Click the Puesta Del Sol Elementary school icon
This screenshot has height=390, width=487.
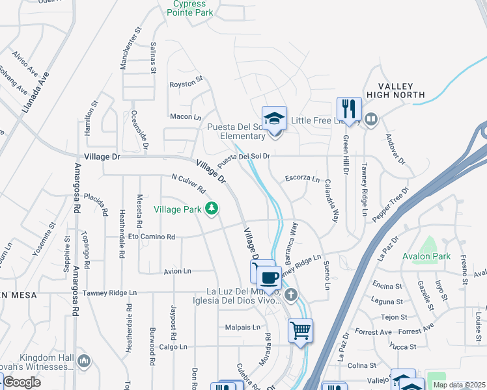tap(274, 118)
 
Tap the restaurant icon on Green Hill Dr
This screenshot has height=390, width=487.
tap(349, 109)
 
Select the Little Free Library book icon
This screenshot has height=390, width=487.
tap(371, 119)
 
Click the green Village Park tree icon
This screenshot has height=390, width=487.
tap(211, 209)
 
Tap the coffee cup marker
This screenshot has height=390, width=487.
tap(269, 278)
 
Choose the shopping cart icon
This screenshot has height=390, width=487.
tap(300, 330)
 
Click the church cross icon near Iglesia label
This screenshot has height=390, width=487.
tap(290, 295)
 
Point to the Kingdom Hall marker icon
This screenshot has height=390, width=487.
tap(83, 360)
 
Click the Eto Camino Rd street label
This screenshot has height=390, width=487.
tap(152, 237)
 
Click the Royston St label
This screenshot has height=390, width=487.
tap(186, 84)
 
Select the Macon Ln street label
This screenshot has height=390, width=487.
tap(185, 117)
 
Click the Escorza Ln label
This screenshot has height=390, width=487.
tap(303, 179)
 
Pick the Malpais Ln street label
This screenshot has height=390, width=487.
tap(243, 327)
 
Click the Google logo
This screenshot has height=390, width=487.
tap(21, 382)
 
